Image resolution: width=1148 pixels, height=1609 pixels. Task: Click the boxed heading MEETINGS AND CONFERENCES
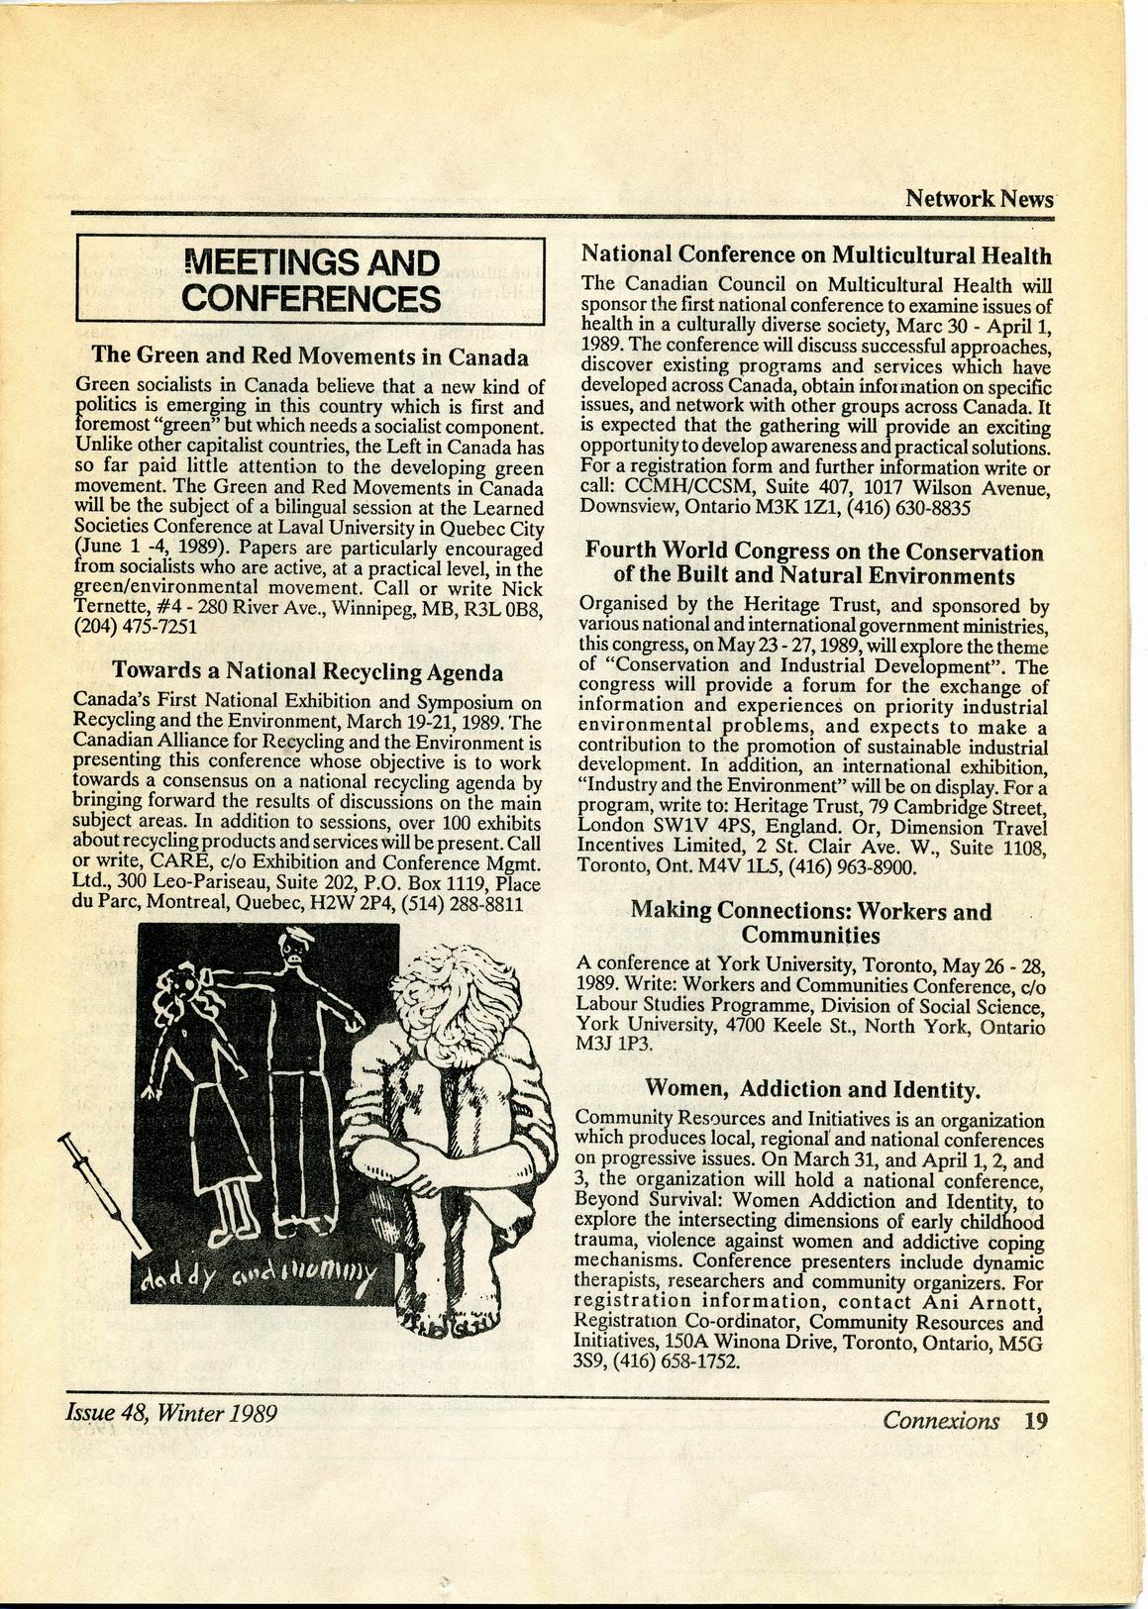point(311,280)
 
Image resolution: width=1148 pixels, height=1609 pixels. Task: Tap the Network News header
point(979,198)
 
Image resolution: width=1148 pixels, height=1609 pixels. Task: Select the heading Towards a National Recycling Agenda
point(307,672)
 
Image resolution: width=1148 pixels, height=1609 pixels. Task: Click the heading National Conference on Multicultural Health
point(815,255)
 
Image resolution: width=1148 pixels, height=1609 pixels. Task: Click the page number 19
point(1036,1421)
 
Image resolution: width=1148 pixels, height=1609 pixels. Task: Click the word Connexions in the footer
point(941,1421)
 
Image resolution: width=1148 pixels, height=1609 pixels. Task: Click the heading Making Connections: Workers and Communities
point(810,923)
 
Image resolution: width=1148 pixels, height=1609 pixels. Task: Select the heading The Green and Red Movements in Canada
point(309,354)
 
